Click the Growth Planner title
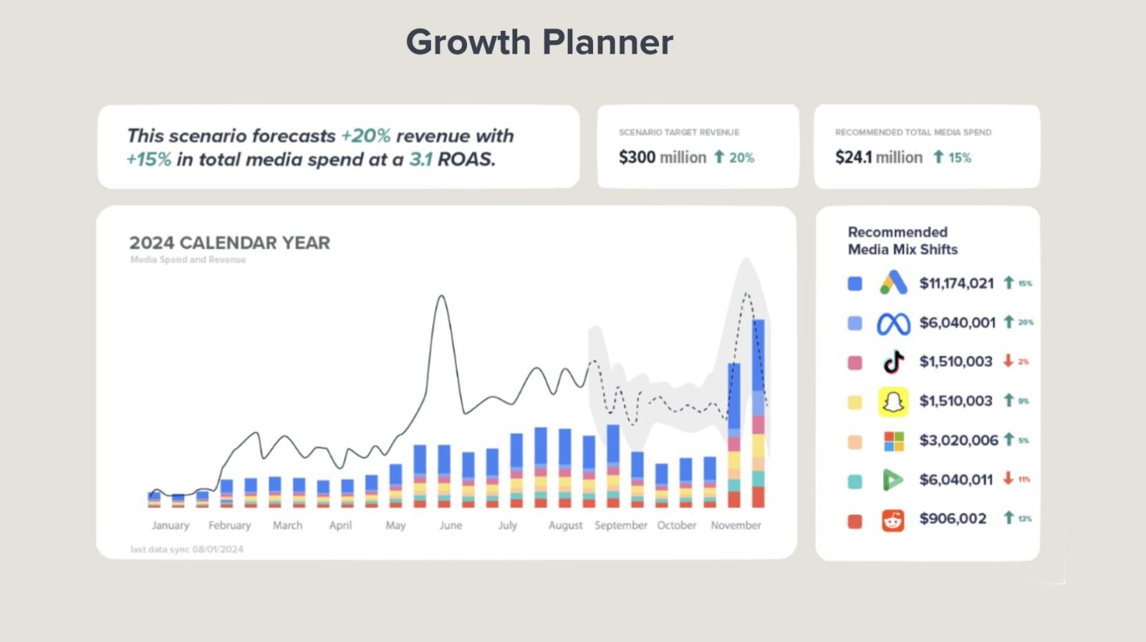click(x=539, y=42)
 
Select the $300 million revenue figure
click(x=662, y=157)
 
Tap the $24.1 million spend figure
click(x=878, y=157)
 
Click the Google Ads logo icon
click(x=893, y=283)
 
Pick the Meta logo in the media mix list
click(x=893, y=324)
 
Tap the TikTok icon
click(x=893, y=362)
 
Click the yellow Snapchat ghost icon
click(x=893, y=402)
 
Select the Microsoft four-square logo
click(x=893, y=441)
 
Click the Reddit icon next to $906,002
click(x=892, y=519)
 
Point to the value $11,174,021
click(x=956, y=283)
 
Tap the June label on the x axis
click(x=451, y=525)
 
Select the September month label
click(x=620, y=525)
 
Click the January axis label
click(x=170, y=525)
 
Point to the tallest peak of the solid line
click(x=442, y=297)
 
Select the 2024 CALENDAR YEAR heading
click(x=229, y=243)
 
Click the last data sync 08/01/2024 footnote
click(x=186, y=550)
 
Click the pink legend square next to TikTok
click(x=854, y=363)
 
